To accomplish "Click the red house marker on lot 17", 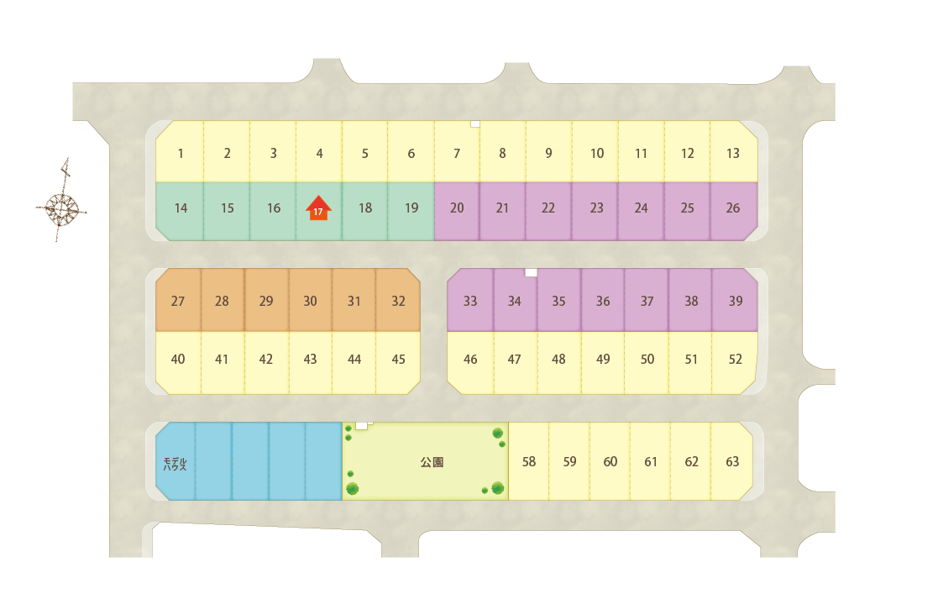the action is pyautogui.click(x=318, y=208).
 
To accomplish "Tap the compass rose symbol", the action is pyautogui.click(x=61, y=208).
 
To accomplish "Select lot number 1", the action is pyautogui.click(x=180, y=153).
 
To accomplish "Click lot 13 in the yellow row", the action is pyautogui.click(x=733, y=153).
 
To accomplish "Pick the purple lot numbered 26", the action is pyautogui.click(x=733, y=208).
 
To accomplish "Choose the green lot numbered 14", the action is pyautogui.click(x=180, y=208).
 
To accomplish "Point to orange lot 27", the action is pyautogui.click(x=178, y=301).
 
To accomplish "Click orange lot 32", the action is pyautogui.click(x=398, y=301).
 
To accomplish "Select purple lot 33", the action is pyautogui.click(x=470, y=301).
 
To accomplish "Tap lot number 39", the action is pyautogui.click(x=736, y=301).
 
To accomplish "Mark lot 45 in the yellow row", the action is pyautogui.click(x=398, y=360).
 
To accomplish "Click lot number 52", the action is pyautogui.click(x=736, y=360).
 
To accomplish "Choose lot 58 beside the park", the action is pyautogui.click(x=529, y=461).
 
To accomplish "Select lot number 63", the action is pyautogui.click(x=732, y=461).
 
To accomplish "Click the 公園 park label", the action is pyautogui.click(x=432, y=462).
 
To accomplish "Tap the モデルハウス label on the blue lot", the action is pyautogui.click(x=176, y=464).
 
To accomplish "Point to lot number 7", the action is pyautogui.click(x=457, y=153).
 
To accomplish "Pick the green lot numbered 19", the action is pyautogui.click(x=411, y=208).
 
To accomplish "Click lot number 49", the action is pyautogui.click(x=603, y=360).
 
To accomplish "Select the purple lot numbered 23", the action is pyautogui.click(x=596, y=208).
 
